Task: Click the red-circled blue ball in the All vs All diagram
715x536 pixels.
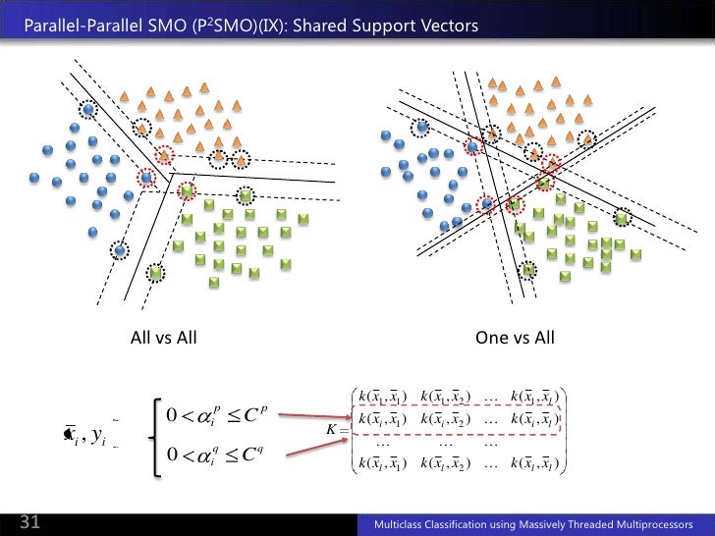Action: tap(146, 178)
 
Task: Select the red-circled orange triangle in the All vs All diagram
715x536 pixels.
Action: tap(164, 155)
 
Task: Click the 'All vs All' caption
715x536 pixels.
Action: tap(164, 339)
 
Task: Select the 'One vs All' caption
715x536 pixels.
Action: tap(515, 339)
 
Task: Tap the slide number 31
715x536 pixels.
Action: tap(29, 523)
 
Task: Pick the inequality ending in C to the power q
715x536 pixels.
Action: tap(213, 454)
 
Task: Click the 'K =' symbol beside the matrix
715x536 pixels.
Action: tap(336, 430)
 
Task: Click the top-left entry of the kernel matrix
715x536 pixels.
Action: tap(383, 397)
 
